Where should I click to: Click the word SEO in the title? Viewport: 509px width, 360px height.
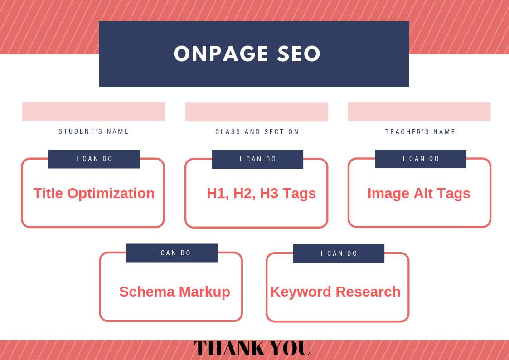[x=299, y=54]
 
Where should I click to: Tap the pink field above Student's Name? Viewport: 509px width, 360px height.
[x=93, y=112]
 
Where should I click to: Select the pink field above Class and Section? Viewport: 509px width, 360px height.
[x=257, y=112]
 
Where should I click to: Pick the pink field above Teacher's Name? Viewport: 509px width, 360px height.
[x=419, y=112]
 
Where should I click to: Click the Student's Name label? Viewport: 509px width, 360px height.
[x=94, y=131]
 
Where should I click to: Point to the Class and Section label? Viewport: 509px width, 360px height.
[x=257, y=132]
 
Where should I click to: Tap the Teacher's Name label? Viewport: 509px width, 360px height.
[x=420, y=132]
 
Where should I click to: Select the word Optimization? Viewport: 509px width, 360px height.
[x=111, y=194]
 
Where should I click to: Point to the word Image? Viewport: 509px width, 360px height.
[x=388, y=193]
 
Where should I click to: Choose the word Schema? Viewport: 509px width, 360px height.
[x=146, y=291]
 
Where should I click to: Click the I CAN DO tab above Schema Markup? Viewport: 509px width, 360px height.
[x=172, y=253]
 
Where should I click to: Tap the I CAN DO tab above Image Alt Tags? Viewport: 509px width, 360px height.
[x=421, y=159]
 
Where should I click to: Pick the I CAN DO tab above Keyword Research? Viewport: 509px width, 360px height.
[x=339, y=253]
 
